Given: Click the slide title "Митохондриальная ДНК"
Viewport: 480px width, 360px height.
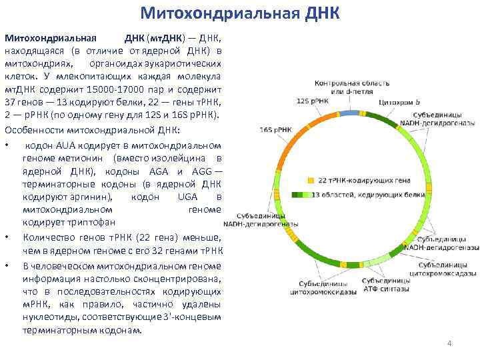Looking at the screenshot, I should click(240, 13).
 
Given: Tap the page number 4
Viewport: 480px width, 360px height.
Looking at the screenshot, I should click(449, 343).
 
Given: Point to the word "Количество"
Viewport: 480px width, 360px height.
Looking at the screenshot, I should click(49, 237).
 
